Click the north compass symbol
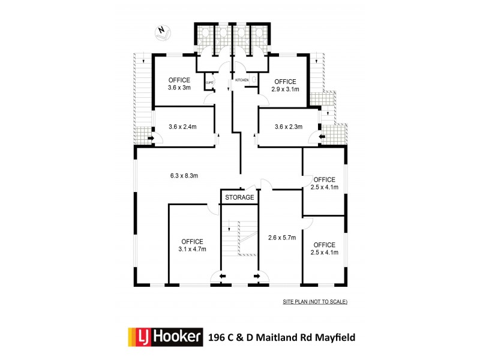pos(161,32)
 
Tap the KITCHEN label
pos(242,80)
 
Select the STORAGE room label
pos(239,197)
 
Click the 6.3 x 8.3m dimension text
pos(184,176)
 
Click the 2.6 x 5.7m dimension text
pos(282,237)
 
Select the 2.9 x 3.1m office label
pos(286,86)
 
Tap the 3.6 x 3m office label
pos(179,84)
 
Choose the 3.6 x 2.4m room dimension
pos(183,127)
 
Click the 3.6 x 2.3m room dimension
pos(289,127)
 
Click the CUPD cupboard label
pos(210,83)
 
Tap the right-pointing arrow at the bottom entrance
pos(258,276)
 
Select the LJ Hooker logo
pos(163,337)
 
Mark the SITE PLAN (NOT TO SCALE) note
pos(315,301)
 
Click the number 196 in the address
pos(217,337)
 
